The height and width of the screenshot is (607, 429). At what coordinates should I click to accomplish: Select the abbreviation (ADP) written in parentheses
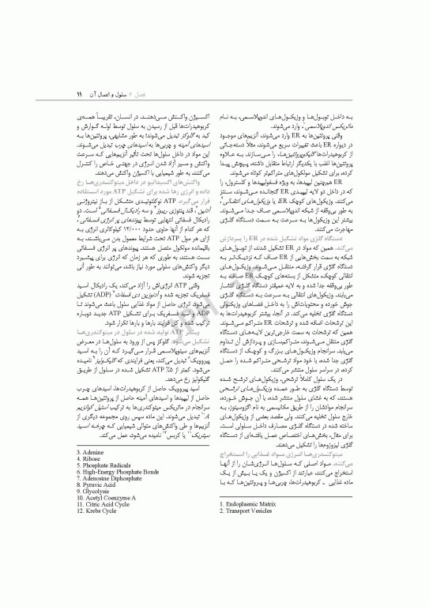click(197, 282)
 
